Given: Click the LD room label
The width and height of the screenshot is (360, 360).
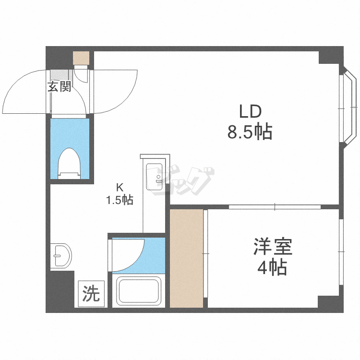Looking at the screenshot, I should click(250, 112).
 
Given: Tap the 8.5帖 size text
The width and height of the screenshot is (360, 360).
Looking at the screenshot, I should click(250, 131).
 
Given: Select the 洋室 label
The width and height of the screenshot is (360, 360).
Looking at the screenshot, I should click(273, 248).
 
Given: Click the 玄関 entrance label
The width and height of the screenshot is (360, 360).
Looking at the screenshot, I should click(60, 87).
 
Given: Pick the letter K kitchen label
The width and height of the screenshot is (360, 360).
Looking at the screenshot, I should click(120, 188).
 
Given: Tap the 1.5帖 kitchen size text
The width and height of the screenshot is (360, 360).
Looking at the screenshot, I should click(120, 200).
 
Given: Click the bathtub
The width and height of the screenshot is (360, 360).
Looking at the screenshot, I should click(138, 291).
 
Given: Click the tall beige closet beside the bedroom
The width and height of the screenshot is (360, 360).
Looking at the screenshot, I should click(186, 258).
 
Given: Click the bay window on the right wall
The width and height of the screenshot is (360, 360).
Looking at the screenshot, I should click(348, 107).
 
